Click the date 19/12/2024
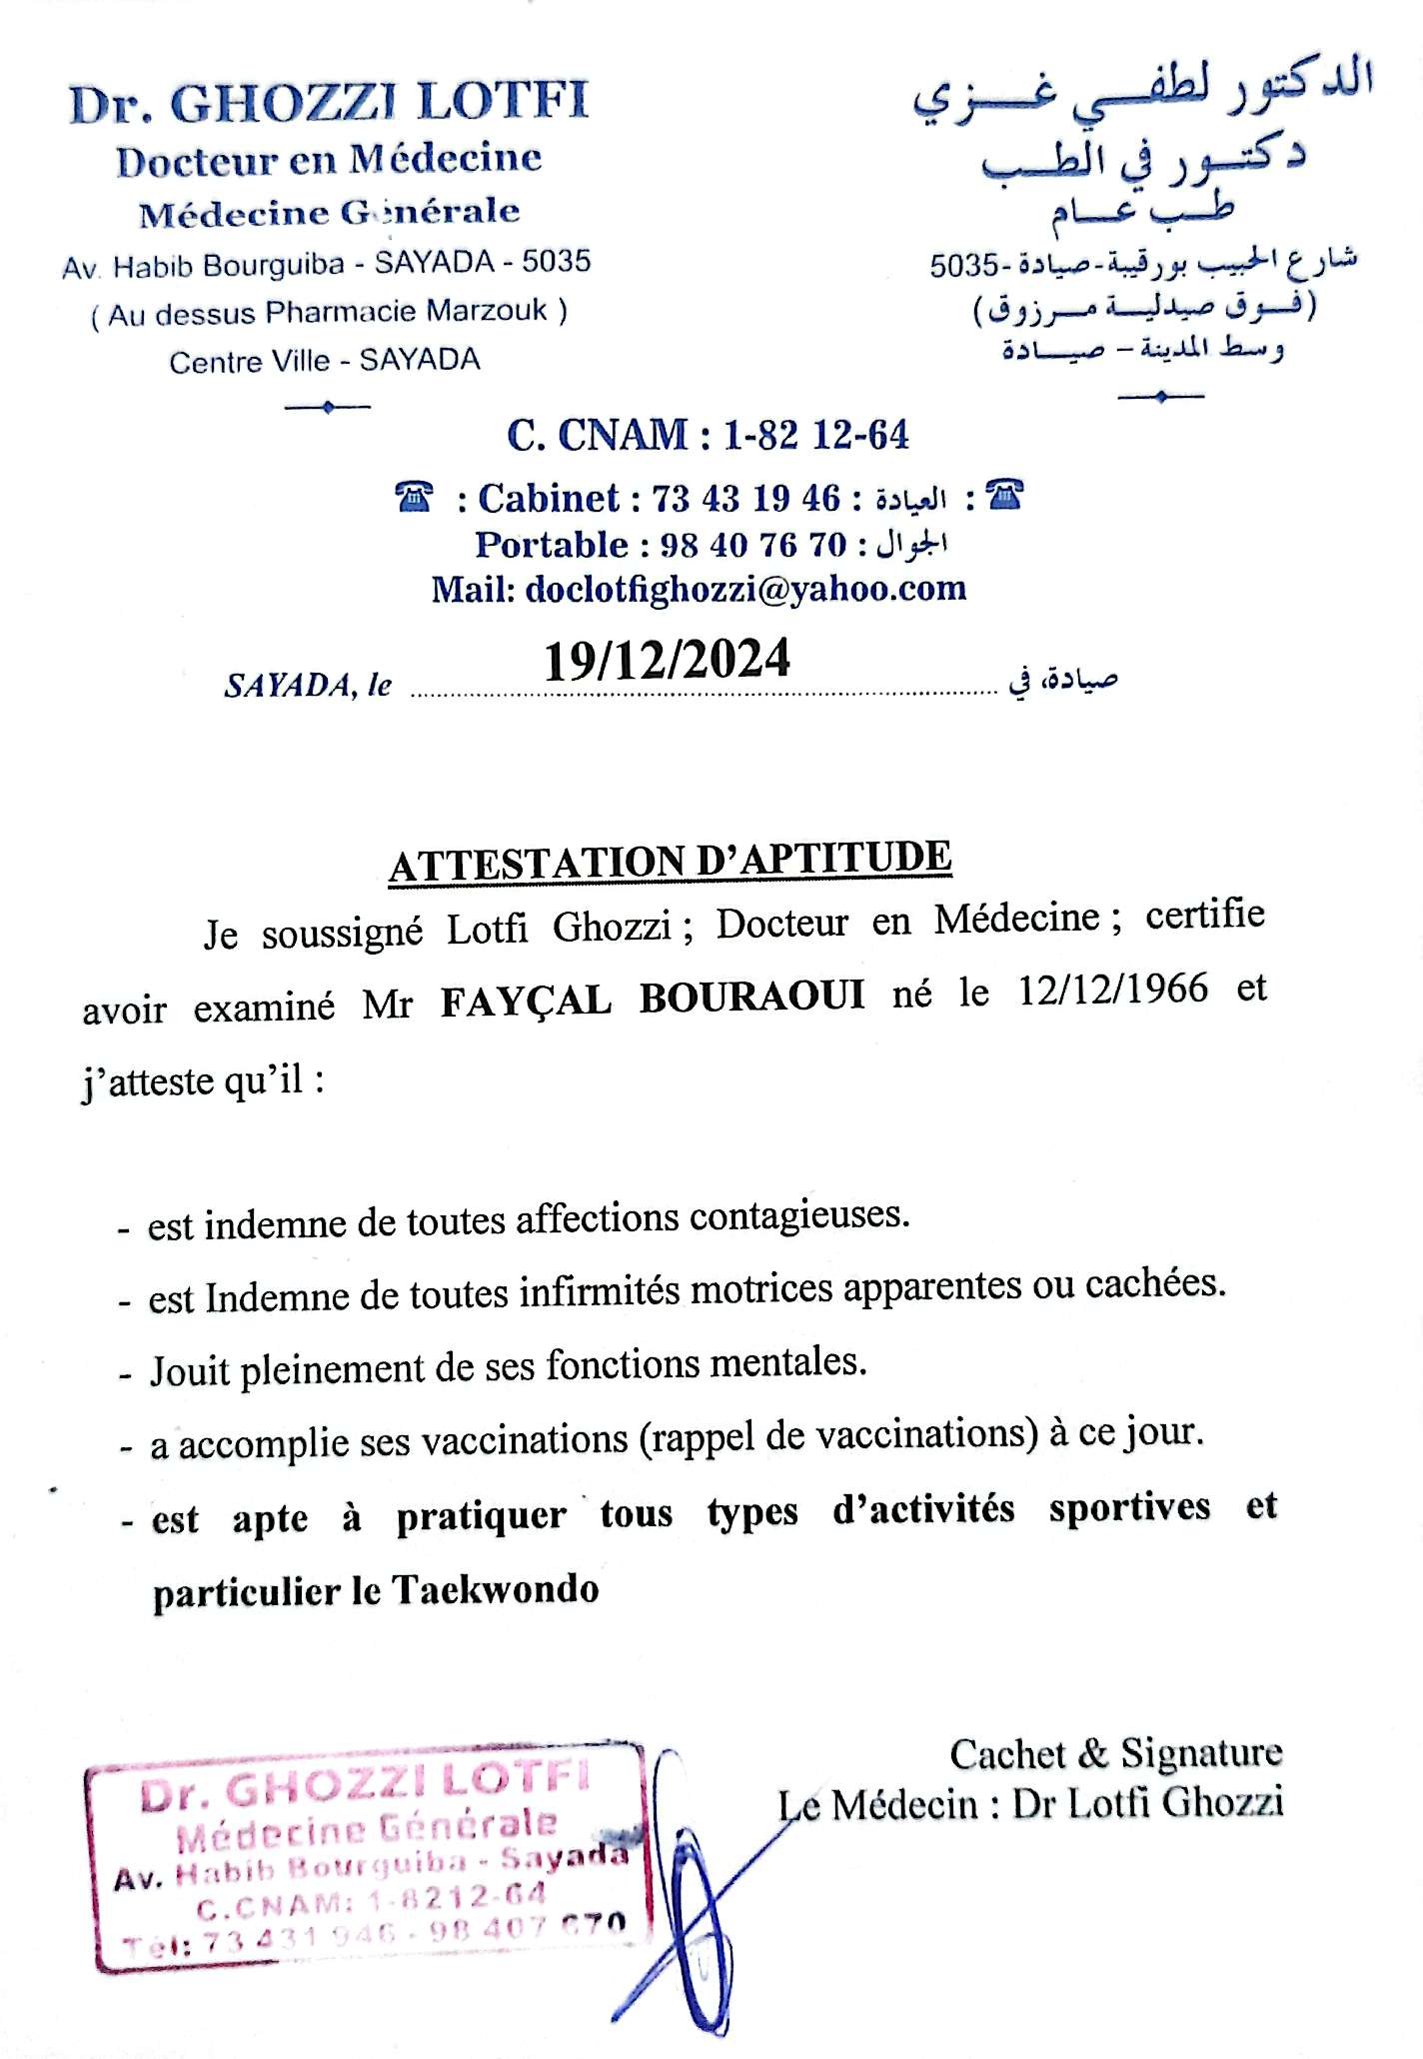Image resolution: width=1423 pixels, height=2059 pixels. point(667,661)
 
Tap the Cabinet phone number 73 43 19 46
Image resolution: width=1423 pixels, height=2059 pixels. point(745,498)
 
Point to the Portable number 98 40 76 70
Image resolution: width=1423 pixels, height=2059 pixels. point(752,545)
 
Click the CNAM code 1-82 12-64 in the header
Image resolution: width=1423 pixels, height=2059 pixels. point(815,435)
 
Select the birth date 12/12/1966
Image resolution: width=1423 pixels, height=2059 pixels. point(1112,990)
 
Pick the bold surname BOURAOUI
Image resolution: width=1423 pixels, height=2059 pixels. point(751,998)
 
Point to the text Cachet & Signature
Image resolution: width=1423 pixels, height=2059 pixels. point(1115,1753)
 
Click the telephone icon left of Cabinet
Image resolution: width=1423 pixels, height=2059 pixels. point(414,497)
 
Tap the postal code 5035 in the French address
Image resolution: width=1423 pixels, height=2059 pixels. point(556,262)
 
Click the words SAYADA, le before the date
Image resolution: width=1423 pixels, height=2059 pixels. point(308,686)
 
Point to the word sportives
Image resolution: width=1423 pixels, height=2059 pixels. point(1129,1507)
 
